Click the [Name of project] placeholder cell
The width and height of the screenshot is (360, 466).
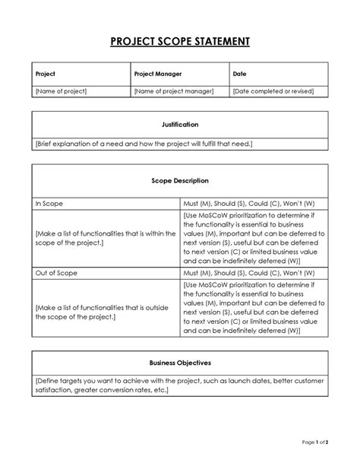point(62,91)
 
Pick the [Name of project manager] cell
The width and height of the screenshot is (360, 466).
point(174,91)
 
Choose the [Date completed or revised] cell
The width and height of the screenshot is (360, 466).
point(273,91)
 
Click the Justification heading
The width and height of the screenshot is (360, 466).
point(180,124)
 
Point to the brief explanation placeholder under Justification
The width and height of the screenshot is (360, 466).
point(144,143)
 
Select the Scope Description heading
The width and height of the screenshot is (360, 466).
point(180,181)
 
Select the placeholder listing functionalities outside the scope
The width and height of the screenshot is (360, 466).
point(104,306)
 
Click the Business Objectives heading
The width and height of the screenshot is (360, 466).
point(180,363)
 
